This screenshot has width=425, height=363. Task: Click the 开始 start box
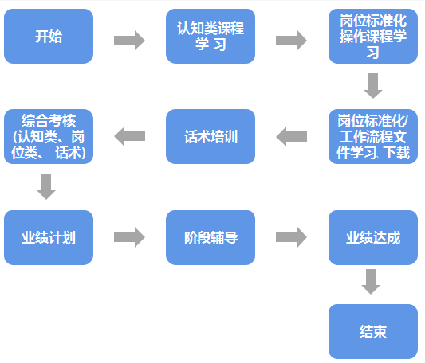click(48, 37)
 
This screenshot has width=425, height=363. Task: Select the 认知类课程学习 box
click(211, 37)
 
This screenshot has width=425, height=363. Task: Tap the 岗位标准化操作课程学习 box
click(373, 37)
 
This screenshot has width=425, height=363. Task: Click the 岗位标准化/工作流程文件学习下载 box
click(373, 136)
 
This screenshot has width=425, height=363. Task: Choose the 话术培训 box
click(211, 136)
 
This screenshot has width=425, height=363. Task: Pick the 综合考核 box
click(48, 136)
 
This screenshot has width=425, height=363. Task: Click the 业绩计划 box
click(48, 237)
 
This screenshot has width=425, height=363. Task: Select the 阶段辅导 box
click(211, 237)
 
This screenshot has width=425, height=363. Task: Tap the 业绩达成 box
click(373, 237)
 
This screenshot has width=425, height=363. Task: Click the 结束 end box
click(373, 331)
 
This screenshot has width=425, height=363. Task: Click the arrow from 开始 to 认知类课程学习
click(129, 40)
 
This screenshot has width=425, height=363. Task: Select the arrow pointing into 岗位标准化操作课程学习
click(292, 40)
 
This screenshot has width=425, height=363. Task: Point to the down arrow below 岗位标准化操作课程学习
click(373, 85)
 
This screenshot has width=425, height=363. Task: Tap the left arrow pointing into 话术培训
click(292, 137)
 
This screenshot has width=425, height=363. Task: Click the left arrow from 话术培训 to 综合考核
click(129, 137)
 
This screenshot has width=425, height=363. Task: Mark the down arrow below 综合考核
click(46, 186)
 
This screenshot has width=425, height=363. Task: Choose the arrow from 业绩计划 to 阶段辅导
click(129, 237)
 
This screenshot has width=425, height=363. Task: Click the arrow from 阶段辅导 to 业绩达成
click(292, 237)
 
